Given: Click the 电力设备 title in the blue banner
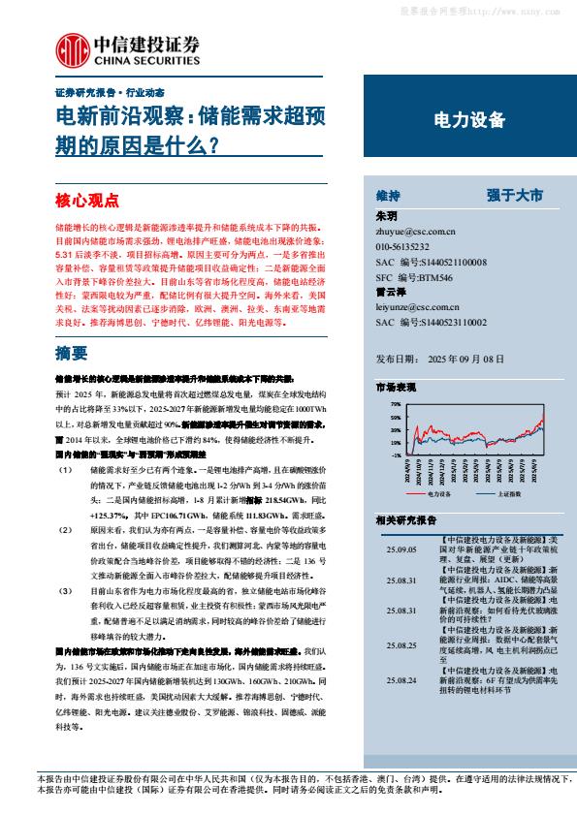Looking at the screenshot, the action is coord(467,120).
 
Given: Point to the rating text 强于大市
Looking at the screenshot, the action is coord(517,195).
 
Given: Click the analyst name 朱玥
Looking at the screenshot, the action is coord(385,217).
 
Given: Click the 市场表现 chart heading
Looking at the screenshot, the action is coord(396,387).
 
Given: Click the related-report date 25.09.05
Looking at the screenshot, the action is coord(399,549).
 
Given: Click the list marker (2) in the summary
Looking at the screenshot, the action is coord(64,531).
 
